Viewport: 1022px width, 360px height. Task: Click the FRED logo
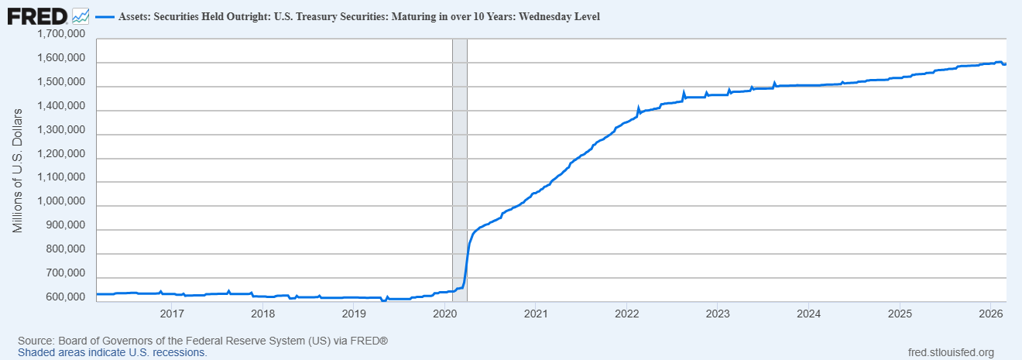click(36, 15)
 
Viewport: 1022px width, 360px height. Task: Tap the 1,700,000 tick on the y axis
click(60, 35)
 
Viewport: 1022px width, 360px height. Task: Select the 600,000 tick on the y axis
click(63, 297)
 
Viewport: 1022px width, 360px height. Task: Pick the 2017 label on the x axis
click(171, 314)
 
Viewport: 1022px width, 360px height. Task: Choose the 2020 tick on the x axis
click(445, 314)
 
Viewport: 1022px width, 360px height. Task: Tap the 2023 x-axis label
click(718, 314)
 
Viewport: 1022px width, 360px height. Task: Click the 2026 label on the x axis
click(992, 314)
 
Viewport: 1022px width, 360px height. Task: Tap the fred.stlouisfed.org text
click(951, 352)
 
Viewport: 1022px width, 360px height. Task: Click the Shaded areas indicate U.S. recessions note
click(112, 352)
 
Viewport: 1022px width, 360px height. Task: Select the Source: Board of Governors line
click(203, 341)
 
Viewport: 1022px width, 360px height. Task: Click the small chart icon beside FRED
click(80, 15)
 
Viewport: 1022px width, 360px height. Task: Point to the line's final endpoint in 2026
click(1005, 63)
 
